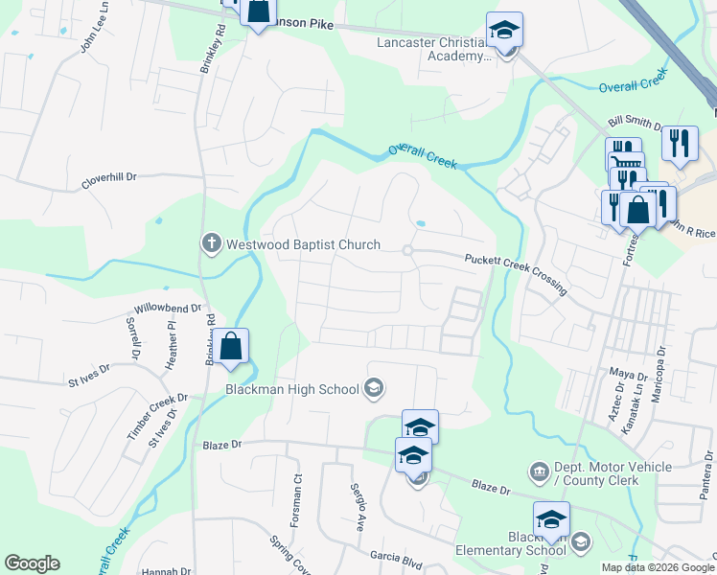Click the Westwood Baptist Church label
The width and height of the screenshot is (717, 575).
coord(303,244)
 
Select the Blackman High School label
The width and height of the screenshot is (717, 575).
coord(291,388)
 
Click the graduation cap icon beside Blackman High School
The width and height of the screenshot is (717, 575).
coord(374,388)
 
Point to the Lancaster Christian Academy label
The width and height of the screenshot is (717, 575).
coord(433,49)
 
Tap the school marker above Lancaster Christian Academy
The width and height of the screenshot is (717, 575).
coord(504,30)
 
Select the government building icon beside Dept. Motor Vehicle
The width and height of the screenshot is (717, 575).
coord(538,471)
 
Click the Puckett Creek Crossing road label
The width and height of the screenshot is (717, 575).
coord(516,273)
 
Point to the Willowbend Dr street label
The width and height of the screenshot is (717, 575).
coord(169,309)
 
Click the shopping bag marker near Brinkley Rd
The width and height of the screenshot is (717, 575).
coord(231,346)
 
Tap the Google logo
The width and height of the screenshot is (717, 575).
coord(32,563)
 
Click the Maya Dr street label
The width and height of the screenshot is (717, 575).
coord(629,372)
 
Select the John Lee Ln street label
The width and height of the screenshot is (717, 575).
coord(91,37)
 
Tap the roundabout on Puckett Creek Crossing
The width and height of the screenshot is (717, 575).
coord(407,251)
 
